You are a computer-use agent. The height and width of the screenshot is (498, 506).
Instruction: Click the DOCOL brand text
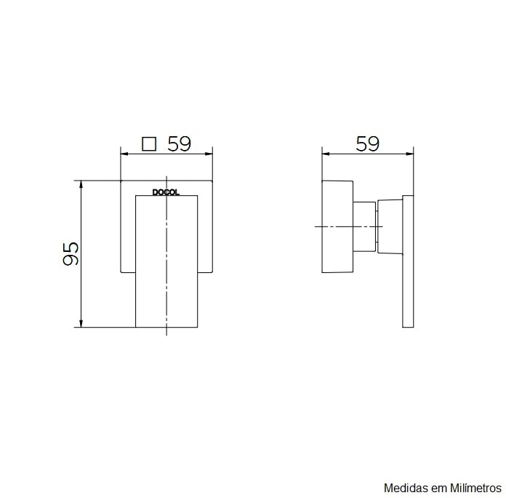pos(166,192)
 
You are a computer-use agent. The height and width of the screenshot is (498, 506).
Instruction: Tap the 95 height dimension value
pos(71,253)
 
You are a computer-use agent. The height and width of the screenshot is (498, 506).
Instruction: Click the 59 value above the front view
pos(179,144)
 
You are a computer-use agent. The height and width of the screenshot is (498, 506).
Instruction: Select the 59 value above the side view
pos(367,144)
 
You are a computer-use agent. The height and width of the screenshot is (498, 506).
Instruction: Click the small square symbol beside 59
pos(149,144)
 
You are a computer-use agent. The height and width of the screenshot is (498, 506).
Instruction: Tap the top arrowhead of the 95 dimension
pos(81,184)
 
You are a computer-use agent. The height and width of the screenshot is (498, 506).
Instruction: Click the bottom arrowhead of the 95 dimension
pos(81,323)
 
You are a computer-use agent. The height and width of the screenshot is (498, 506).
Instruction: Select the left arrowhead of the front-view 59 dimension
pos(124,154)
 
